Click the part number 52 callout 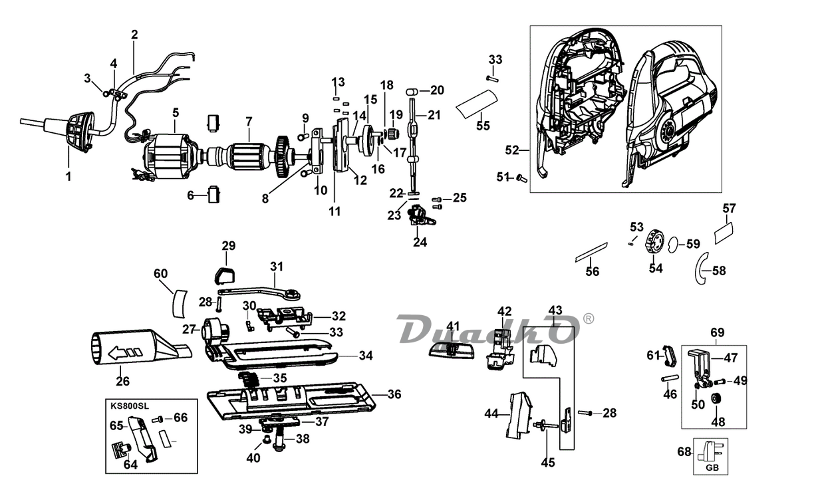click(512, 150)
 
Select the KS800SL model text click(130, 406)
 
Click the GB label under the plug click(712, 467)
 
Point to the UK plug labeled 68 click(710, 453)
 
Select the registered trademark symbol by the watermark click(588, 318)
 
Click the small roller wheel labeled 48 click(714, 399)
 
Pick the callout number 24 click(420, 242)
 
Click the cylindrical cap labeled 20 click(412, 91)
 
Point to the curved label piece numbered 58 click(702, 268)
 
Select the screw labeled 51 click(521, 179)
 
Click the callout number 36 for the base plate click(394, 394)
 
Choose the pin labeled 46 click(670, 378)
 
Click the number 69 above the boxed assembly click(717, 332)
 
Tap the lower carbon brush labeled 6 click(213, 195)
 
